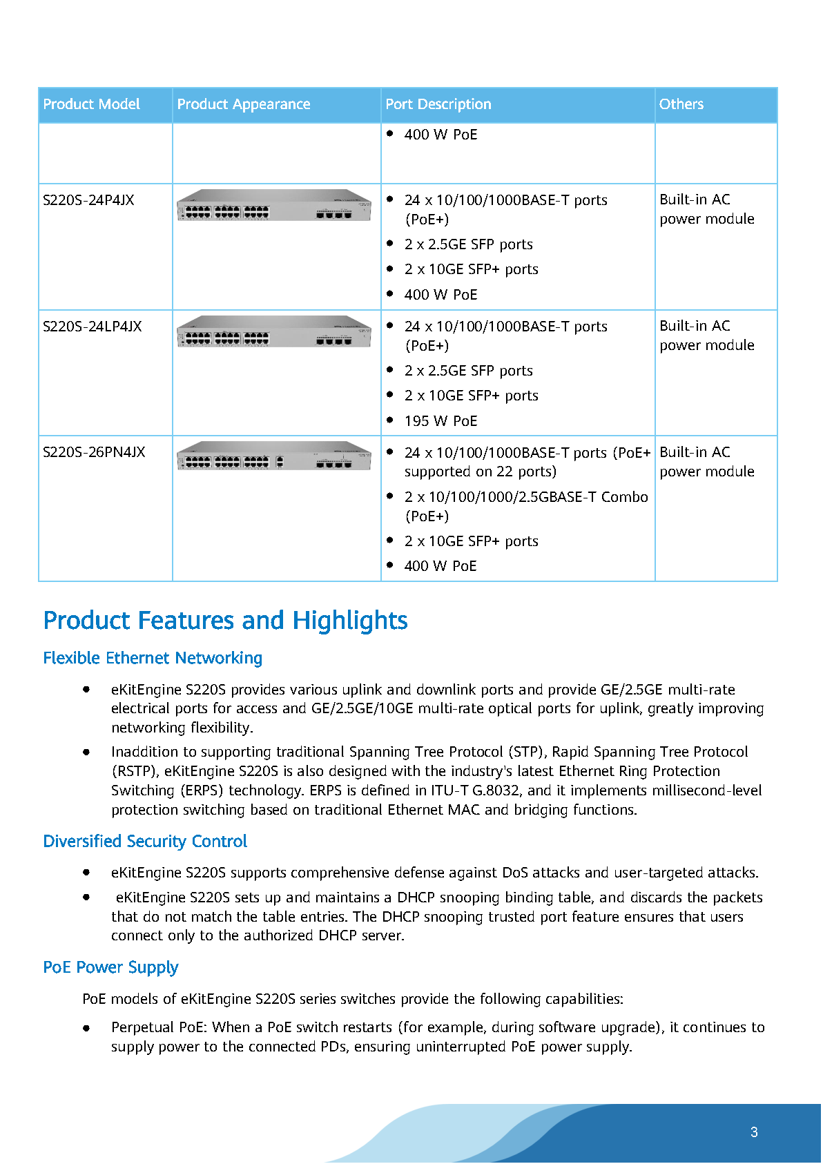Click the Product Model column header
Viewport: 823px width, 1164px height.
(91, 104)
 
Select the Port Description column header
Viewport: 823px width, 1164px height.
(438, 104)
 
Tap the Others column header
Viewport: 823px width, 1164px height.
(681, 104)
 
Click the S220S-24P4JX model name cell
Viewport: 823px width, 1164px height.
(88, 200)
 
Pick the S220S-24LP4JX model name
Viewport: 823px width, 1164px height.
(92, 327)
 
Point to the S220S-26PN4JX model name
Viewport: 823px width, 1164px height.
(94, 452)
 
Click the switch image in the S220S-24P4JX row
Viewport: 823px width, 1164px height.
(274, 206)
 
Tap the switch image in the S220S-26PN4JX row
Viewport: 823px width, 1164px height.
(274, 456)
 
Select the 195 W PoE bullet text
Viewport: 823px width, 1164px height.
(440, 421)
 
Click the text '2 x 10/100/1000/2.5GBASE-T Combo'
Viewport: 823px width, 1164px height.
(526, 497)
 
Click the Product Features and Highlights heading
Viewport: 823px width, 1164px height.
(225, 621)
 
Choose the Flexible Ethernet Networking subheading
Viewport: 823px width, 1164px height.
(153, 658)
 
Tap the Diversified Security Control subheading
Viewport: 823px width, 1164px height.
(145, 842)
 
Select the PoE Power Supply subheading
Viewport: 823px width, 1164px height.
(110, 967)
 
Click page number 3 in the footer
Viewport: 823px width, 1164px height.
(754, 1132)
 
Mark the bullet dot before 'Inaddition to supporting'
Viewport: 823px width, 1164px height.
(86, 752)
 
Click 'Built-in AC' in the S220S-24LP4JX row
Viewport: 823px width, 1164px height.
(695, 326)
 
